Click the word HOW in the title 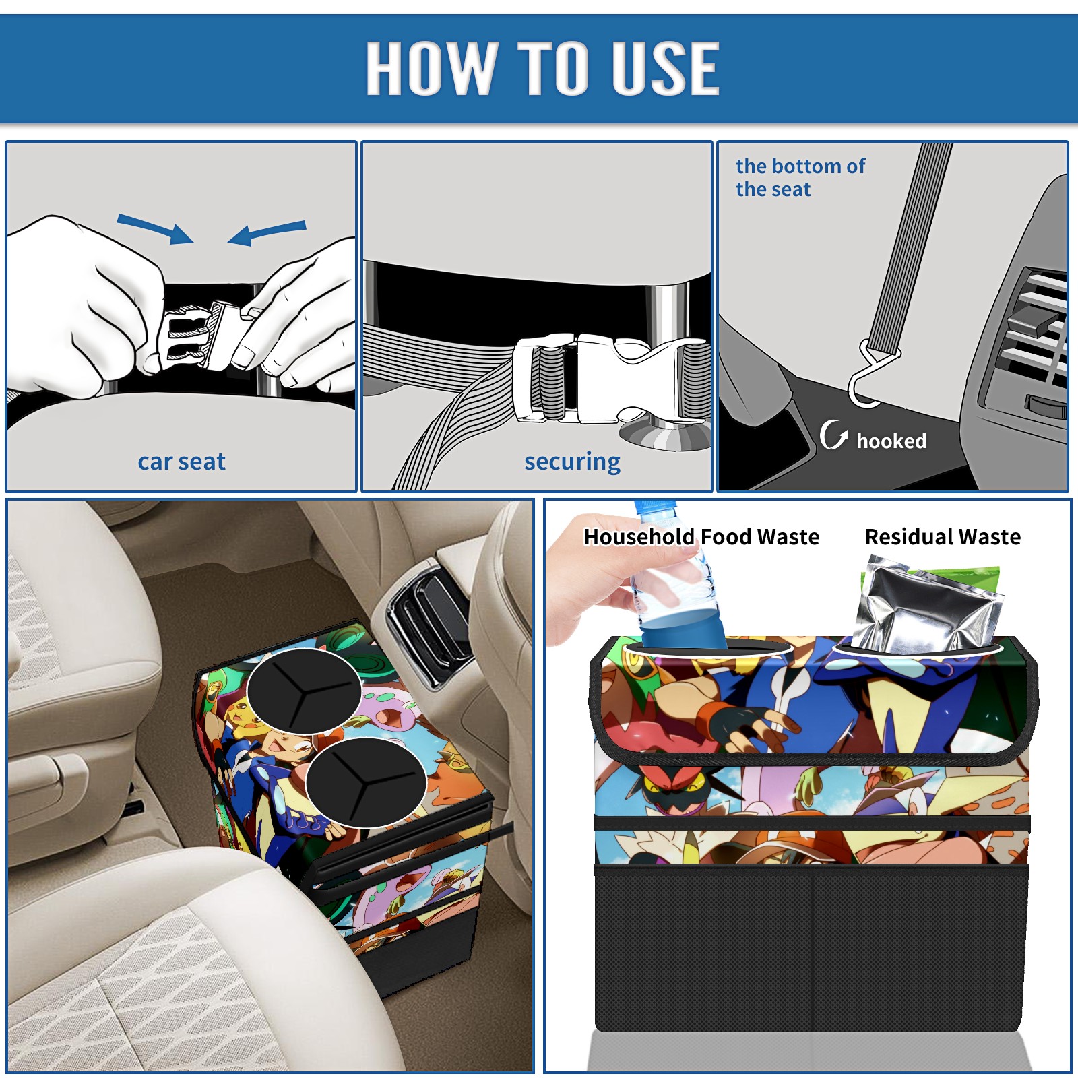[432, 67]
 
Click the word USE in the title [666, 67]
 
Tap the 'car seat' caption [181, 462]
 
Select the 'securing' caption [572, 462]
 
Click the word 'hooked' [891, 441]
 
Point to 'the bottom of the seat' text [800, 177]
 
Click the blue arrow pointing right [155, 229]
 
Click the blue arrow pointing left [267, 232]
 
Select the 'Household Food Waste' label [701, 536]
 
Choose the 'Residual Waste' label [943, 536]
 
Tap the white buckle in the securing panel [610, 379]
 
